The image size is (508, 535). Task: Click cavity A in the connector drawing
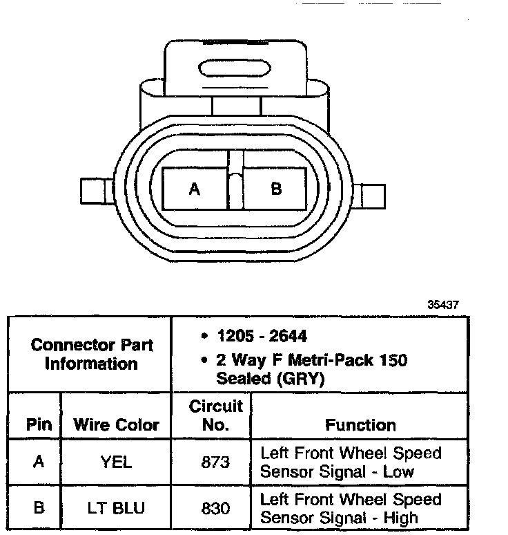pos(195,189)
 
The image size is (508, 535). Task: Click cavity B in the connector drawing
pos(275,188)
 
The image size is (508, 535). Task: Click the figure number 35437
pos(442,304)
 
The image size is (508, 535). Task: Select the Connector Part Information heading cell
pos(92,354)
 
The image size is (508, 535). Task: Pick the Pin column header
pos(39,424)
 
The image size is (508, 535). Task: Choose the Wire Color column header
pos(117,424)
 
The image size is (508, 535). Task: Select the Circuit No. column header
pos(215,415)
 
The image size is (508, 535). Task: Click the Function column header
pos(360,424)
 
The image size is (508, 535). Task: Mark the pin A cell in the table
pos(39,462)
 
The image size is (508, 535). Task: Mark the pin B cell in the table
pos(39,508)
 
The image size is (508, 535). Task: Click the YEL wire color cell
pos(116,462)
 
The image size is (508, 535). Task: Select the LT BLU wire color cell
pos(116,508)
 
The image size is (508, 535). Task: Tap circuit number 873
pos(215,462)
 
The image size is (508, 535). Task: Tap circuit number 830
pos(215,508)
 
